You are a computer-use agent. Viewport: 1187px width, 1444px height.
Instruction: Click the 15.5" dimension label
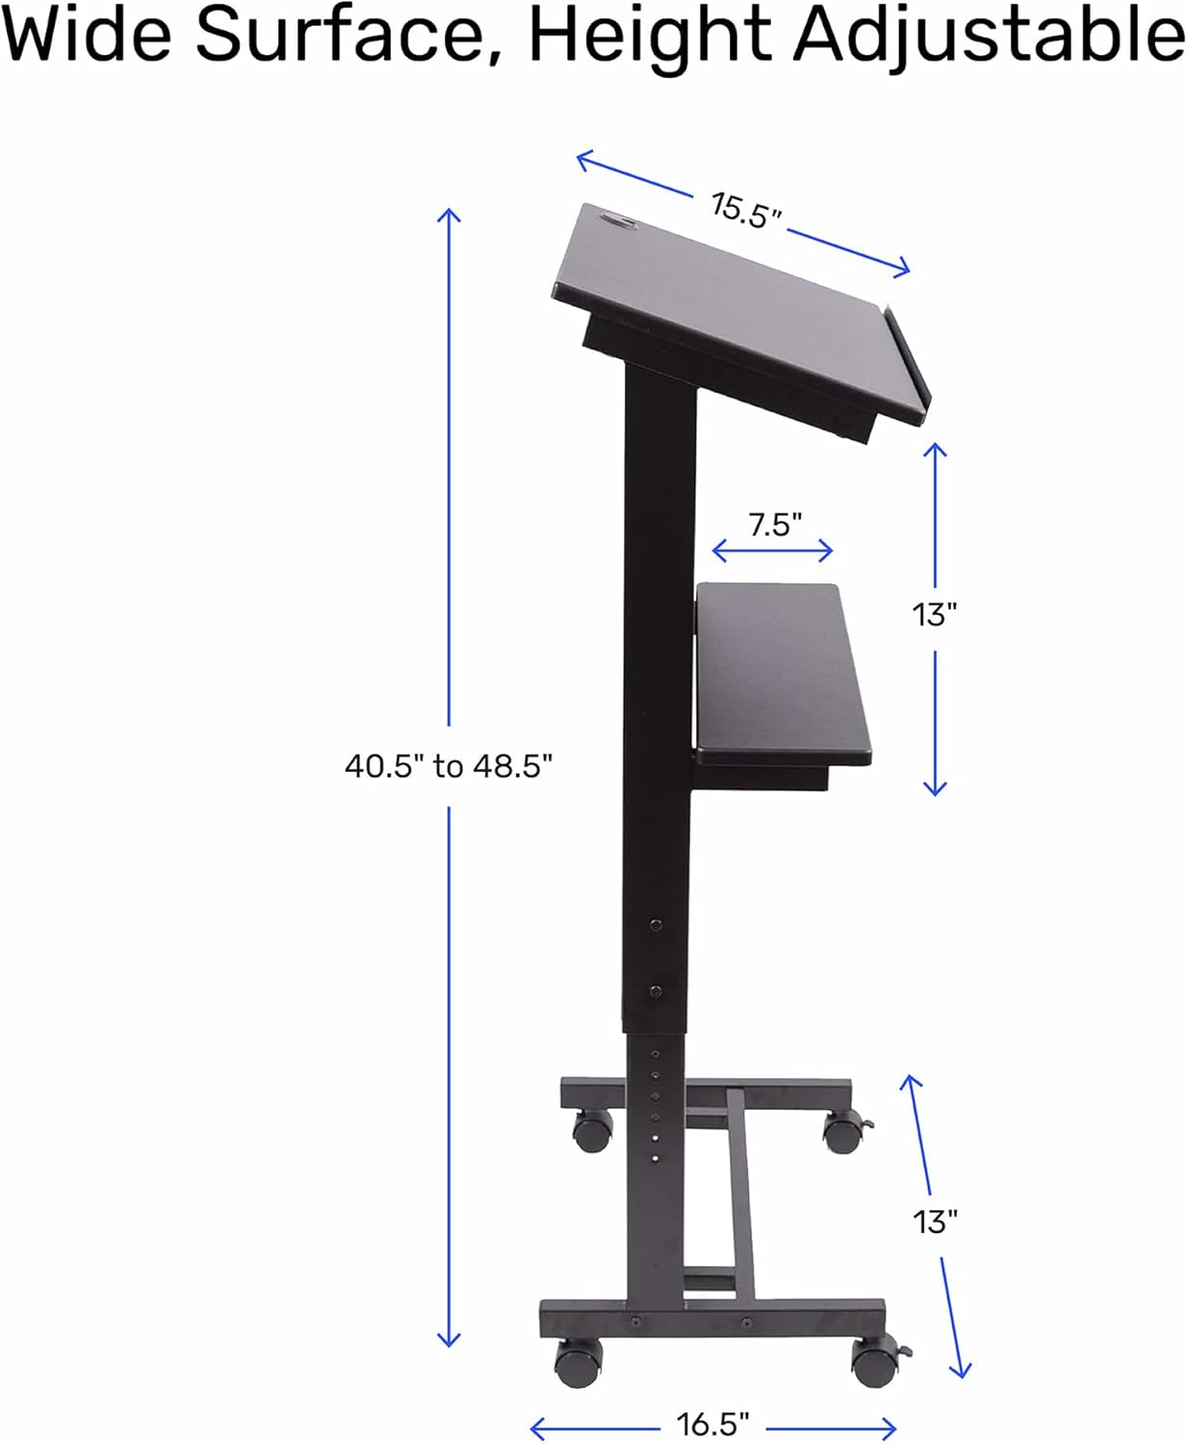[746, 210]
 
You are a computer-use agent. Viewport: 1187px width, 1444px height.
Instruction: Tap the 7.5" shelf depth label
[775, 525]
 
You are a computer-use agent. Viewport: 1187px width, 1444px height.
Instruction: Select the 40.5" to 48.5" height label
[449, 766]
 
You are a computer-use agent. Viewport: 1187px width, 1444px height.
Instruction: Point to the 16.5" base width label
[713, 1424]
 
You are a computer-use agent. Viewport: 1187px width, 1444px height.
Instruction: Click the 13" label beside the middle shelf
[935, 613]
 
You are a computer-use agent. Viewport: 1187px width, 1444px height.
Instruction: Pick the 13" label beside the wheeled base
[935, 1222]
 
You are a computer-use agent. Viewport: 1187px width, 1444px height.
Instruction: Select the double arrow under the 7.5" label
[772, 552]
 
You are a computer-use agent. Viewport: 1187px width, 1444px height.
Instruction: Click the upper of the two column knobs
[656, 925]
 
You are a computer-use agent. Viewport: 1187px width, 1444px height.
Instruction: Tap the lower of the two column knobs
[655, 991]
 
